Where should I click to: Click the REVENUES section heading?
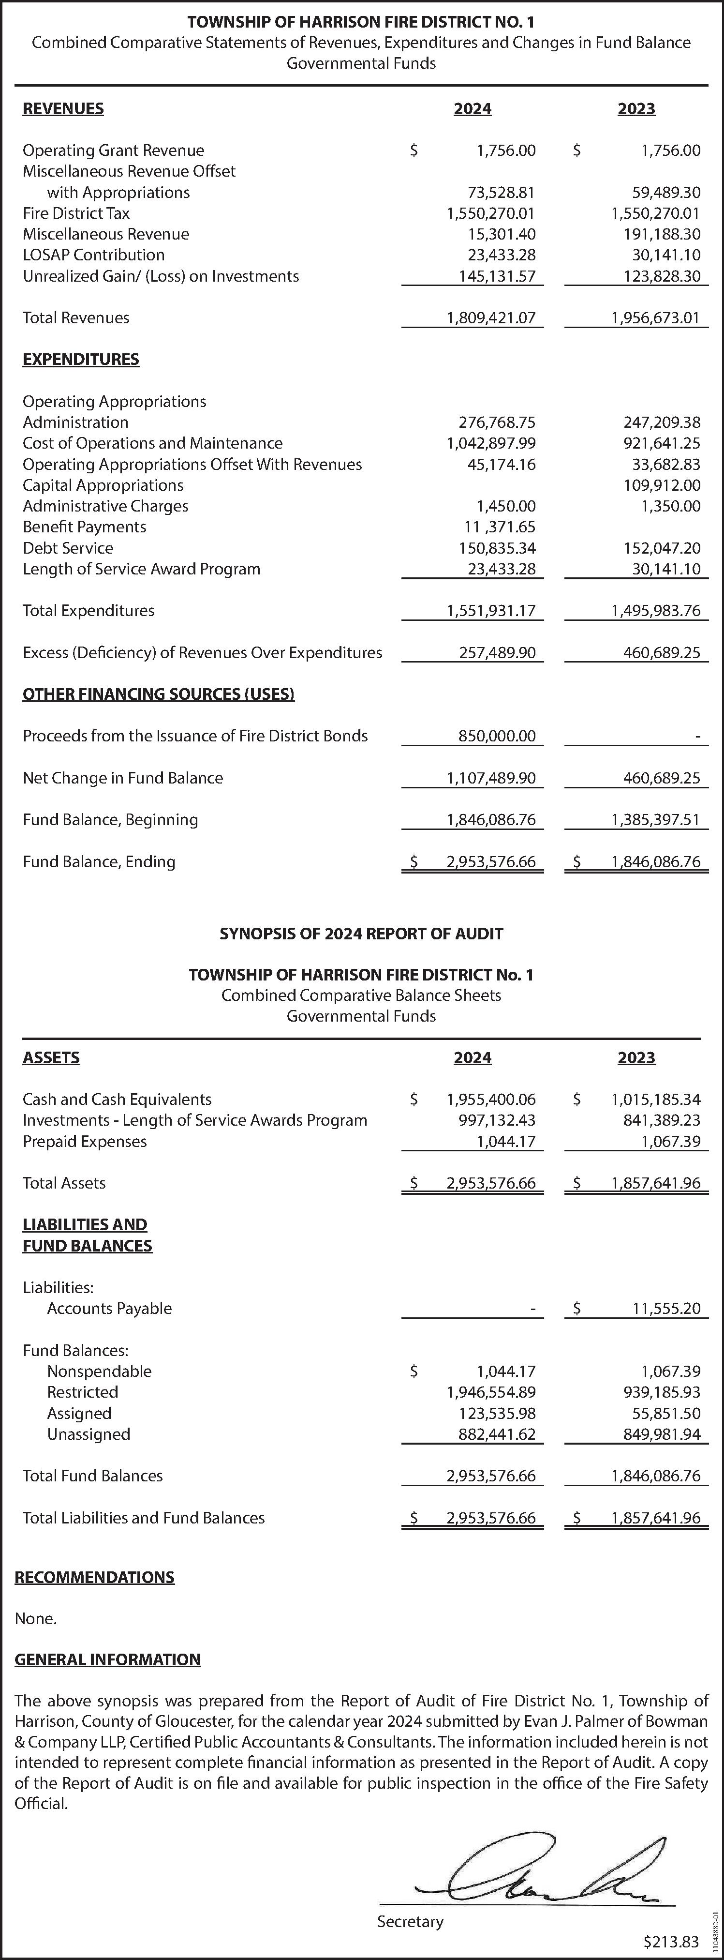point(63,109)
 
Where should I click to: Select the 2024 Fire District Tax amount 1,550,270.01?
point(491,213)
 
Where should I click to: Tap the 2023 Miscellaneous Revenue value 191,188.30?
point(655,234)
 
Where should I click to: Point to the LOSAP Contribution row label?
point(93,255)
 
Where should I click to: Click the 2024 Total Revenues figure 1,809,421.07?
point(491,318)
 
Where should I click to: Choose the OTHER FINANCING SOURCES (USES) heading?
point(158,694)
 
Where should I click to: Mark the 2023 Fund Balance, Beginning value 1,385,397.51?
point(655,819)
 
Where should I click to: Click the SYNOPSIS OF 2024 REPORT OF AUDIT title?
point(361,934)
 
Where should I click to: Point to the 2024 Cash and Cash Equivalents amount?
point(491,1100)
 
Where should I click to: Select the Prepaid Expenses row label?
point(85,1141)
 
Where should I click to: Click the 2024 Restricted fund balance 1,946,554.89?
point(491,1392)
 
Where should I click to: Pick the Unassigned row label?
point(88,1434)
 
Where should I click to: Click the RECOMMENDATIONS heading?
point(94,1577)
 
